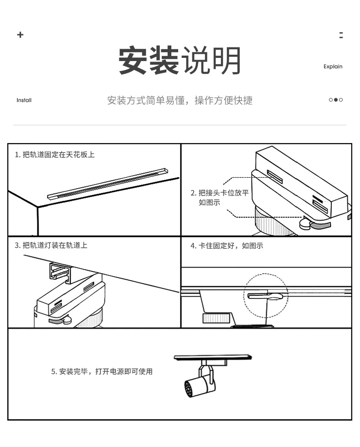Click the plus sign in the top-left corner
[20, 35]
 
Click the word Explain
[333, 67]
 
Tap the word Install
[24, 100]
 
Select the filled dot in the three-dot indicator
[336, 100]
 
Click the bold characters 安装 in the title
[149, 61]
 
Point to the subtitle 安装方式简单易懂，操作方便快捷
[180, 100]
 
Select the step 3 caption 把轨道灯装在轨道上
[51, 245]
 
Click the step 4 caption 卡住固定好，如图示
[226, 246]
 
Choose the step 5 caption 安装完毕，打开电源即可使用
[102, 371]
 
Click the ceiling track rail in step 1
[107, 183]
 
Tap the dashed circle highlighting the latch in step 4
[265, 296]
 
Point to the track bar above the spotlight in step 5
[213, 357]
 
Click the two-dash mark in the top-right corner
[341, 35]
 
